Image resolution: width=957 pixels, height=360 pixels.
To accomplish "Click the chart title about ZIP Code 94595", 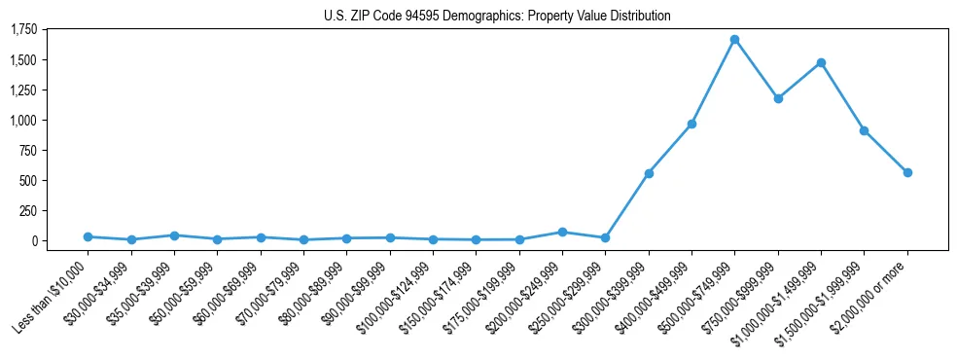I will coord(497,17).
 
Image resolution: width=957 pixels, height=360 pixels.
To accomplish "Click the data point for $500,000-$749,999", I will coord(734,40).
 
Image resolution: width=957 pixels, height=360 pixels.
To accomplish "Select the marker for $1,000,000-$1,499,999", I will coord(821,62).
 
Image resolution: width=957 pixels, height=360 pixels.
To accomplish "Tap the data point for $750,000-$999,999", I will coord(778,98).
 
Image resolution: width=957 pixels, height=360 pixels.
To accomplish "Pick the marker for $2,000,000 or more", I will coord(907,172).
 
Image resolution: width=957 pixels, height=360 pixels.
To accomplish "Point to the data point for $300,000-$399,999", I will coord(649,173).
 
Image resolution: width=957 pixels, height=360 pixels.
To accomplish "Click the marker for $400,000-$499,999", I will coord(691,124).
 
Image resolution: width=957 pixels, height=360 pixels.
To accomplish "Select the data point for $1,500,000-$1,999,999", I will coord(864,130).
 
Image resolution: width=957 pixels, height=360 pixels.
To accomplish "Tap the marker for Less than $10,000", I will coord(88,236).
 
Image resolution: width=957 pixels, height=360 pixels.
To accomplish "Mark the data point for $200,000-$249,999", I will coord(562,232).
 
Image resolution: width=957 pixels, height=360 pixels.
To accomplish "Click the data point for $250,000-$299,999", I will coord(605,237).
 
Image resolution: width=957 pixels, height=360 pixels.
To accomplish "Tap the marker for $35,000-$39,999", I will coord(174,235).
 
